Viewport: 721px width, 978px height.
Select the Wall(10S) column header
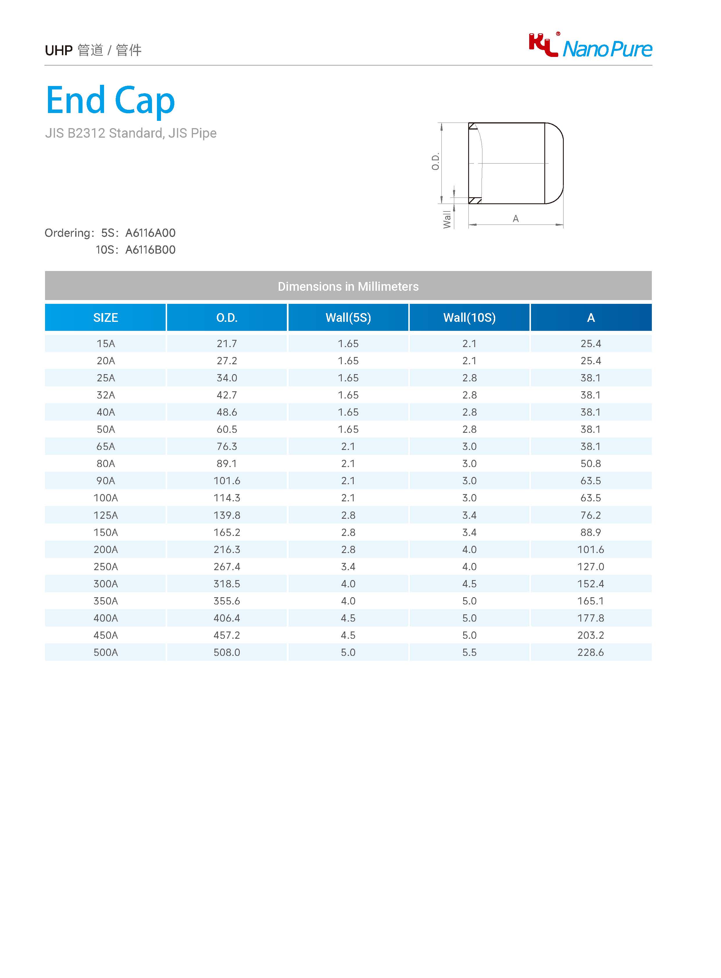[x=469, y=317]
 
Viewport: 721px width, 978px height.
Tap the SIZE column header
[x=105, y=317]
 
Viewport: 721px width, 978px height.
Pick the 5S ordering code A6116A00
[x=150, y=233]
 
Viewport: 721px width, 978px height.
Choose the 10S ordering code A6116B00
[x=150, y=250]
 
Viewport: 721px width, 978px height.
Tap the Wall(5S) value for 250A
[x=348, y=567]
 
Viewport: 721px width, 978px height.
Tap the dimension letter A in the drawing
[x=516, y=218]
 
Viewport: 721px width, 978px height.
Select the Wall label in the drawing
[x=447, y=219]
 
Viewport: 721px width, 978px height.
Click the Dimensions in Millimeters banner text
[x=348, y=287]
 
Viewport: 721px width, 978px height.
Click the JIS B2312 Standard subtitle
[x=130, y=133]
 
